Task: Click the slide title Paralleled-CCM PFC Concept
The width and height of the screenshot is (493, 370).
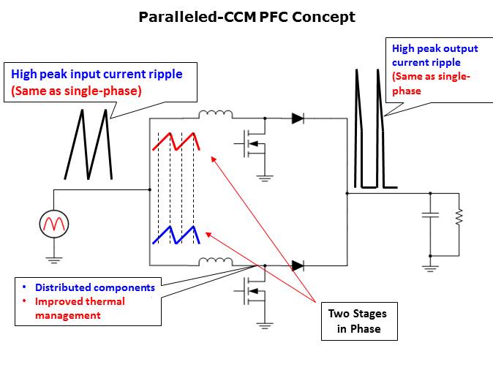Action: click(246, 17)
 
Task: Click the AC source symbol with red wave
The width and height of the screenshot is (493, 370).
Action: click(54, 223)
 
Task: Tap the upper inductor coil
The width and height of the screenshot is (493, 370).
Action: click(216, 115)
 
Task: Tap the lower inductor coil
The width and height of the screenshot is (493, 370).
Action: click(216, 261)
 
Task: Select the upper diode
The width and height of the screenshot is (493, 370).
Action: click(298, 118)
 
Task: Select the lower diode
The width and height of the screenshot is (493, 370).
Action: click(298, 265)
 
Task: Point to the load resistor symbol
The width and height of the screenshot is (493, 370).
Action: click(459, 216)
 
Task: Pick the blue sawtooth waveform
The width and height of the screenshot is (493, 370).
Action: click(176, 235)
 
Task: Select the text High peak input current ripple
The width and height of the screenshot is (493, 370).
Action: click(96, 74)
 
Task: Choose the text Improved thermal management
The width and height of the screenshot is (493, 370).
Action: click(80, 308)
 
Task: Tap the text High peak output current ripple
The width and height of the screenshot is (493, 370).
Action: click(435, 55)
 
